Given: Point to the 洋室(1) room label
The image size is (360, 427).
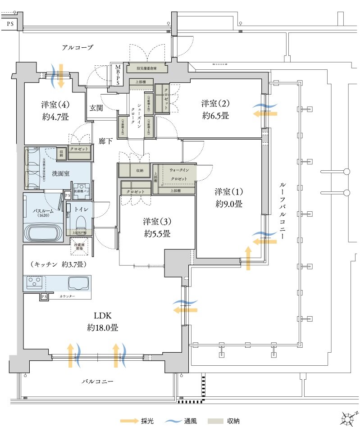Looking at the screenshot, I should pyautogui.click(x=228, y=191).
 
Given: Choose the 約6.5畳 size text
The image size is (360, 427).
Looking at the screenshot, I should pyautogui.click(x=215, y=116).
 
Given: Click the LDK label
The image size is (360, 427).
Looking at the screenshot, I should pyautogui.click(x=103, y=317).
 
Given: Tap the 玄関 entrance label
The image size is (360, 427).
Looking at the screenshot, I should pyautogui.click(x=96, y=108).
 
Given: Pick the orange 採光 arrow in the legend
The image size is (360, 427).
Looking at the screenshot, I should pyautogui.click(x=129, y=421).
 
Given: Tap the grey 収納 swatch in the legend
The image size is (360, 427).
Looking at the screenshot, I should pyautogui.click(x=216, y=421).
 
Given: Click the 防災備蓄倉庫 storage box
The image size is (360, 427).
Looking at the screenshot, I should pyautogui.click(x=147, y=69).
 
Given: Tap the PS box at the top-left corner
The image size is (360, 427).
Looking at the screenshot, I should pyautogui.click(x=9, y=22).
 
